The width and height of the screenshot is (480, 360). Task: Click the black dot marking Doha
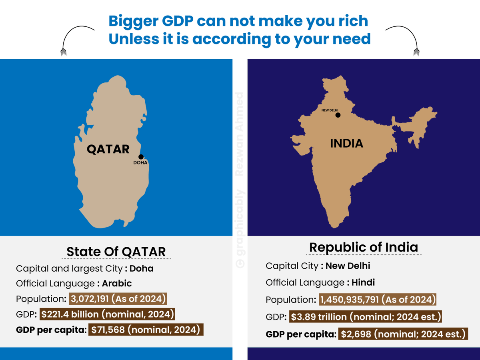pos(141,157)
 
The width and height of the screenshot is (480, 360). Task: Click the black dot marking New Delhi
pos(338,115)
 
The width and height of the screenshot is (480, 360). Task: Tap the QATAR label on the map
pos(108,150)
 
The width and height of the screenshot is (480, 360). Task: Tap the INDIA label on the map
pos(347,143)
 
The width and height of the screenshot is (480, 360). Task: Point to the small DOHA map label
pos(140,163)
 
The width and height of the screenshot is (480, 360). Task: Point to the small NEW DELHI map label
pos(330,110)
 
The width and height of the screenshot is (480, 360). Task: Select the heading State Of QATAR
pos(116,252)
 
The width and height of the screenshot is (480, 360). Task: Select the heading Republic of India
pos(364,247)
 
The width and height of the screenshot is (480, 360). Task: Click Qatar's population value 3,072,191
pos(90,299)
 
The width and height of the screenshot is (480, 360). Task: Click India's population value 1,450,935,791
pos(350,300)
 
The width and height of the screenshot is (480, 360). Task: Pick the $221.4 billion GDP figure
pos(70,314)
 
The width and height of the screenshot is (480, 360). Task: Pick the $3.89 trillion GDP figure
pos(319,317)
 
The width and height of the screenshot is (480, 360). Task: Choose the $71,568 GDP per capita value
pos(108,330)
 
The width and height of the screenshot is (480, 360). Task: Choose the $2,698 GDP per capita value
pos(356,334)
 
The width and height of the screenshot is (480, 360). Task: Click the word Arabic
pos(117,284)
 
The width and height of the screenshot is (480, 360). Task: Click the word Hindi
pos(363,282)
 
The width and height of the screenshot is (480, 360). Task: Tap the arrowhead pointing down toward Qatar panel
pos(64,52)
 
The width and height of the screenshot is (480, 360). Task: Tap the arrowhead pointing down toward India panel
pos(416,52)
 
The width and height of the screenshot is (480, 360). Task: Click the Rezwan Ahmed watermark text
pos(239,134)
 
